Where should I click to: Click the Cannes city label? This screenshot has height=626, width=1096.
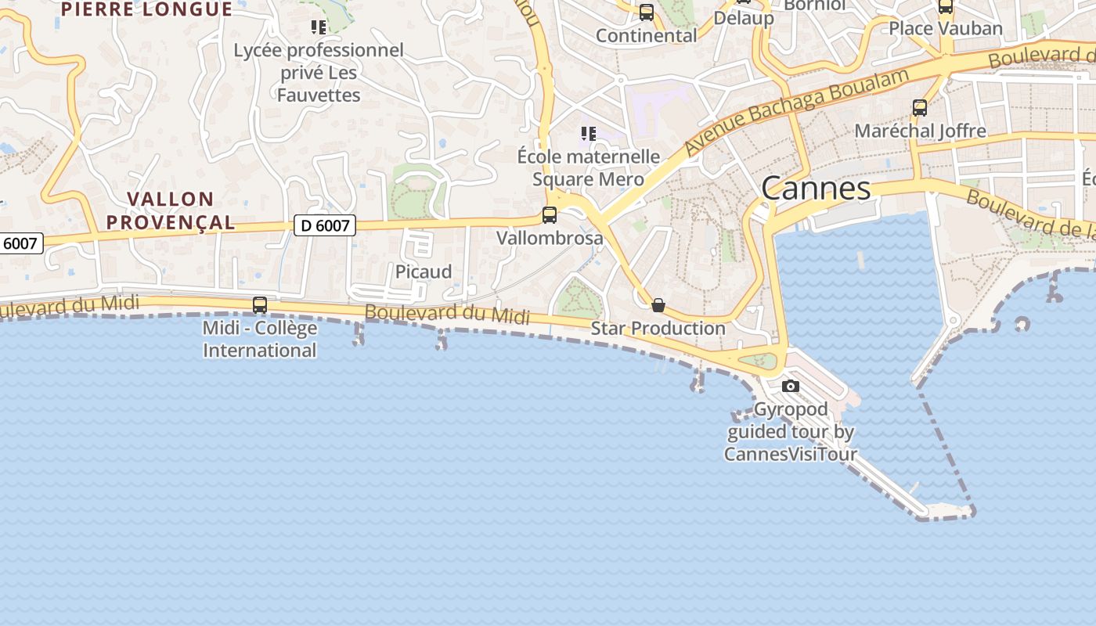click(816, 189)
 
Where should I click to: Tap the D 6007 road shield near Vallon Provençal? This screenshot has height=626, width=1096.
click(325, 226)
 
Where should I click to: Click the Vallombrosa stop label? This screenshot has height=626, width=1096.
click(550, 238)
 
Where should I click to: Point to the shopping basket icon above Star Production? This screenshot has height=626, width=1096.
click(658, 304)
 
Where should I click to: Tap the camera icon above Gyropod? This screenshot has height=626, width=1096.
click(791, 386)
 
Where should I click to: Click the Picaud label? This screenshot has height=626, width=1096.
click(424, 272)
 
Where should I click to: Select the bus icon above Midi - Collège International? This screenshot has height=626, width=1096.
click(260, 305)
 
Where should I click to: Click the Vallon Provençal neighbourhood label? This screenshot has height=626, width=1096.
click(171, 210)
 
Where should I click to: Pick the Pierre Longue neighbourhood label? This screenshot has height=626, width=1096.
click(146, 9)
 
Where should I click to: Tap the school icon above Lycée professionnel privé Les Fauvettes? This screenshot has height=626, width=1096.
click(318, 28)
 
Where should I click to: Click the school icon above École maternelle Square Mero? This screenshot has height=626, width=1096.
click(589, 134)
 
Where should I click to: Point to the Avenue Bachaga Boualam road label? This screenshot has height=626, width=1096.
click(797, 110)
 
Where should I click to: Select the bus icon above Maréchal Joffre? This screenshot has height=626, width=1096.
click(920, 108)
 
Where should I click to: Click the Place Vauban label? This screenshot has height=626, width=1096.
click(946, 29)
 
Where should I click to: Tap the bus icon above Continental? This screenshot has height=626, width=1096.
click(647, 13)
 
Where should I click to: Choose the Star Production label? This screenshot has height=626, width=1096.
click(658, 328)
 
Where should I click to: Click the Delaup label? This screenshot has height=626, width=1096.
click(744, 18)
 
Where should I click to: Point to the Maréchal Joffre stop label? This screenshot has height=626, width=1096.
click(920, 131)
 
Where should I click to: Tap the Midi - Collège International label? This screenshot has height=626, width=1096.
click(260, 339)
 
